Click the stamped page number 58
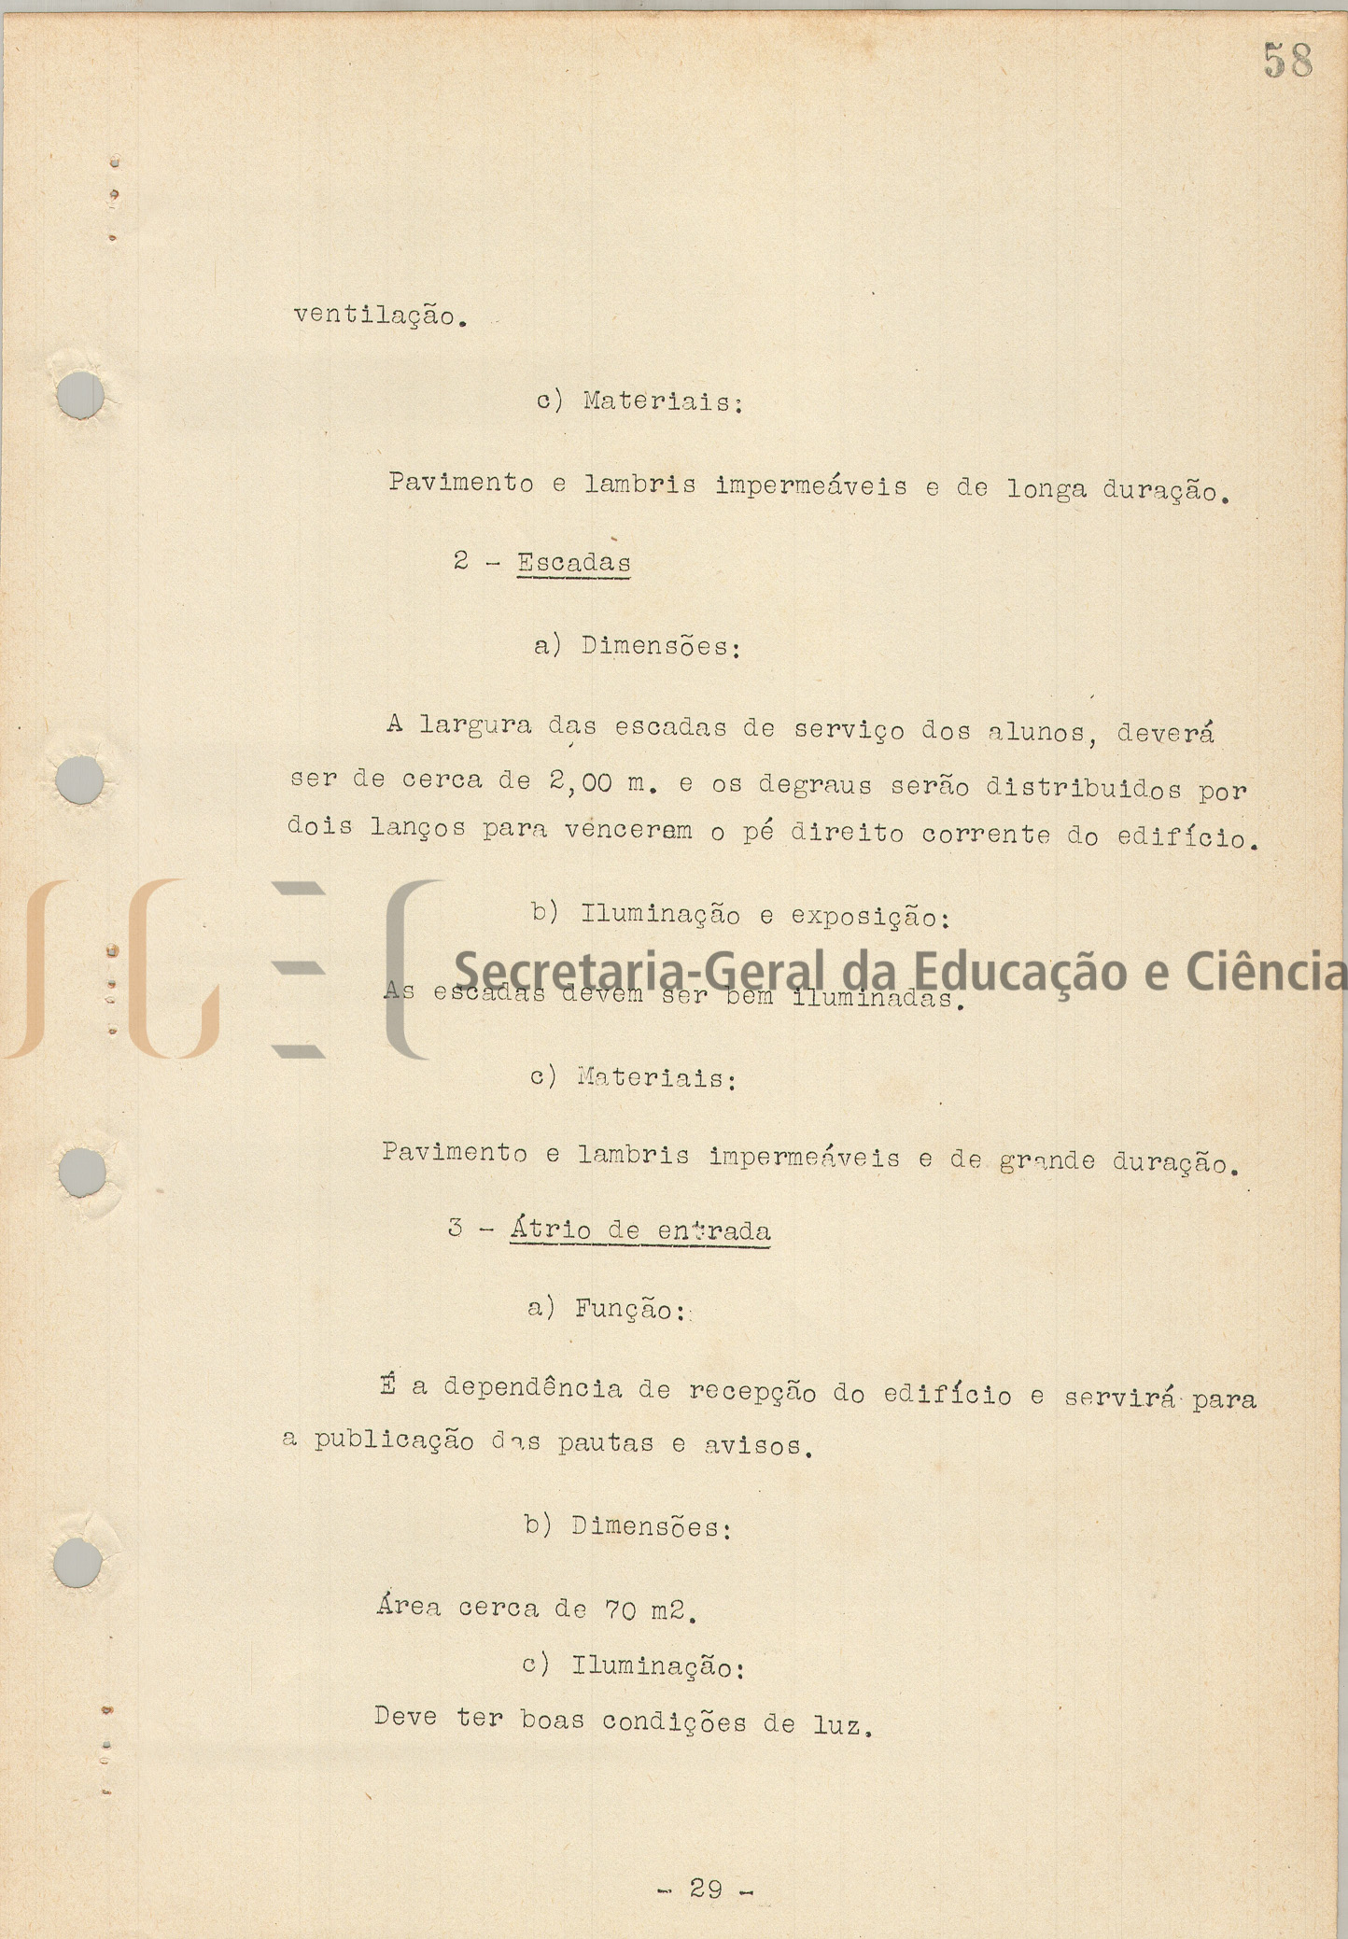[x=1288, y=62]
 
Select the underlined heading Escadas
[x=573, y=563]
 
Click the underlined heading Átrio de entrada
[x=640, y=1230]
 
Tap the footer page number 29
[x=706, y=1889]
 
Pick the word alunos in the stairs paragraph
[x=1035, y=733]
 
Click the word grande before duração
[x=1046, y=1160]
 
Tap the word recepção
[x=752, y=1392]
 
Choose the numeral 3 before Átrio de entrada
[x=456, y=1228]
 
